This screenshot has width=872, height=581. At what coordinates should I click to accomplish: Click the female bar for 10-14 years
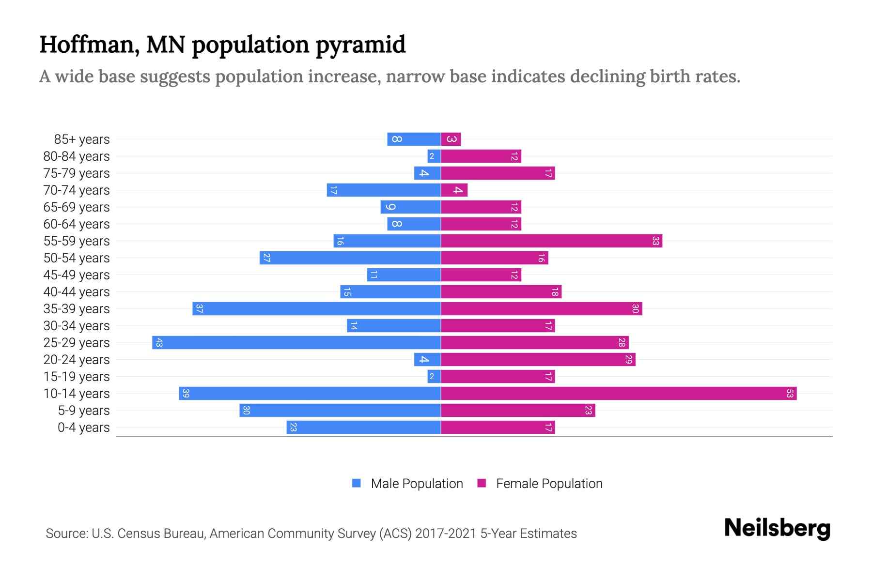click(x=618, y=393)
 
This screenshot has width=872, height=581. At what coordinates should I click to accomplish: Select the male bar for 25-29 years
click(x=296, y=342)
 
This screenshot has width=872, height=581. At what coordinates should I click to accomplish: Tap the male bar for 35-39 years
click(x=316, y=308)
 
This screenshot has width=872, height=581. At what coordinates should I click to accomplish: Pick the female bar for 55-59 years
click(x=551, y=241)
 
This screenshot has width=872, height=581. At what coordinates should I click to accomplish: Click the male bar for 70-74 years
click(x=384, y=190)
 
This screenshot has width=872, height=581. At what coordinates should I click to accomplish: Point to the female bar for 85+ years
click(x=451, y=139)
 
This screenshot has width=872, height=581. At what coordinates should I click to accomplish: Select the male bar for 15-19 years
click(x=434, y=376)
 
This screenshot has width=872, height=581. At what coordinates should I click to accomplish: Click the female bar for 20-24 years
click(x=538, y=359)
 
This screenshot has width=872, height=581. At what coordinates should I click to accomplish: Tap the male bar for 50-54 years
click(x=350, y=258)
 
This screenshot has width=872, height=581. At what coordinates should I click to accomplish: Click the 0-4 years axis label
click(x=83, y=428)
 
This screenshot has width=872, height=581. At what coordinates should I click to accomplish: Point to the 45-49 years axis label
click(x=77, y=275)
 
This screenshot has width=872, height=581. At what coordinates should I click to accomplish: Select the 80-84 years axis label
click(x=77, y=156)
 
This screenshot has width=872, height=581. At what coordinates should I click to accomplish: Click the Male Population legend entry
click(x=407, y=483)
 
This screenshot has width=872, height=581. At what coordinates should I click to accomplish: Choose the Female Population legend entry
click(x=540, y=483)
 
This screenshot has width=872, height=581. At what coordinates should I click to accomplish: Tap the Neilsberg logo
click(x=777, y=528)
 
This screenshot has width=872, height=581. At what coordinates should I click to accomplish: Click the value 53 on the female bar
click(x=789, y=393)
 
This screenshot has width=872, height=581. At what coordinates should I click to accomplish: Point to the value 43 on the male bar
click(x=159, y=342)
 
